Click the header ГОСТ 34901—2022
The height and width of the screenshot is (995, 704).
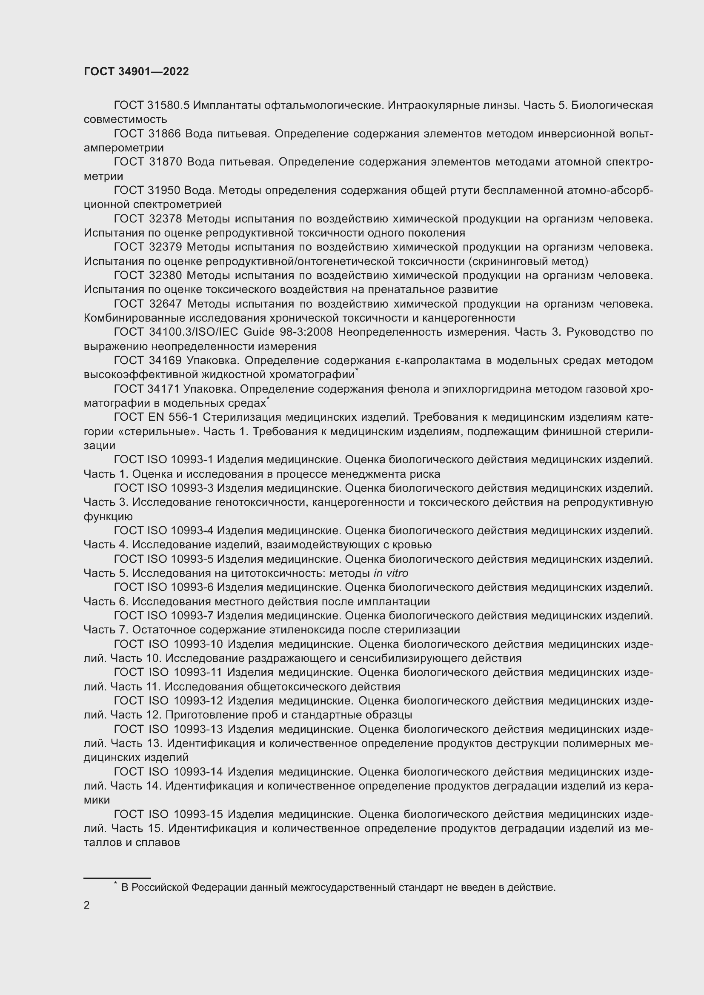tap(136, 71)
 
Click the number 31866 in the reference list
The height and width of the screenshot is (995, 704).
tap(164, 134)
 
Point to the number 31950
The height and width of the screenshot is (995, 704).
tap(164, 191)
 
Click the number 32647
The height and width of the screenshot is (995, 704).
tap(165, 304)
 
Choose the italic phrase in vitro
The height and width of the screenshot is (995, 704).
tap(391, 573)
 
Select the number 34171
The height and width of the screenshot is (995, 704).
tap(164, 389)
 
